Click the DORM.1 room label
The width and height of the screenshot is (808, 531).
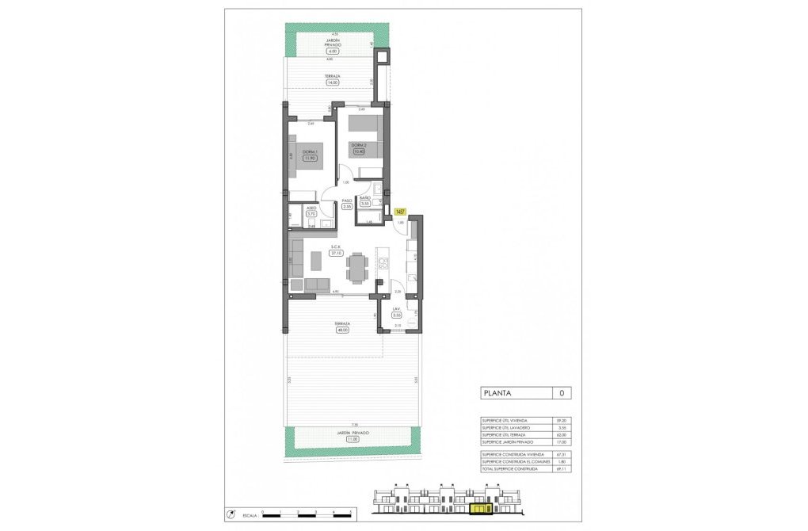point(310,151)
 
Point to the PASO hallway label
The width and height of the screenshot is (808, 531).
point(347,201)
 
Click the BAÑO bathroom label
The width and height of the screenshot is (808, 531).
point(365,197)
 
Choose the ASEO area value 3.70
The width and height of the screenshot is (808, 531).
point(311,214)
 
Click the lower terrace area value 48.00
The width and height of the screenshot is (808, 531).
point(342,330)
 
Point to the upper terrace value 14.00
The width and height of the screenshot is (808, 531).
point(333,82)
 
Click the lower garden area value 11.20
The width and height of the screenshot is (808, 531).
point(353,438)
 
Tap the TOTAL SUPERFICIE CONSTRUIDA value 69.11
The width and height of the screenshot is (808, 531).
point(561,468)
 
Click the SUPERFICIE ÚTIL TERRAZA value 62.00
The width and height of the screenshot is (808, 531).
point(561,435)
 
